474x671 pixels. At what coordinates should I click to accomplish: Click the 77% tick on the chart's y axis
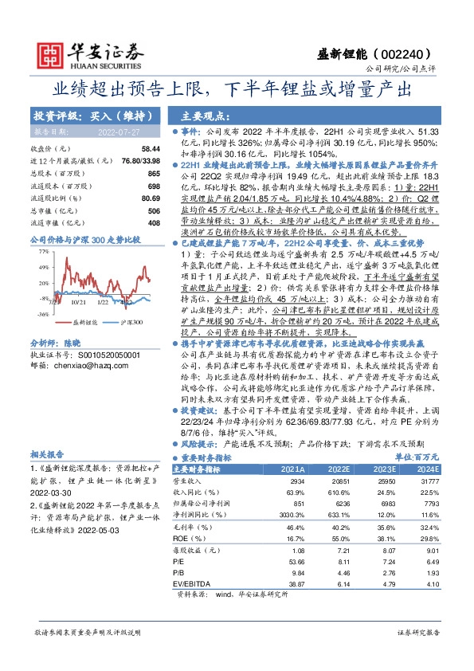(x=43, y=252)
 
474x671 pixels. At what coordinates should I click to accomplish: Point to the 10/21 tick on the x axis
(x=77, y=301)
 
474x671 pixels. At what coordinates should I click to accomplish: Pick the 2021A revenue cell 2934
(x=297, y=483)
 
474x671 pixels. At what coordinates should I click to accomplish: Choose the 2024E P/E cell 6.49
(x=430, y=561)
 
